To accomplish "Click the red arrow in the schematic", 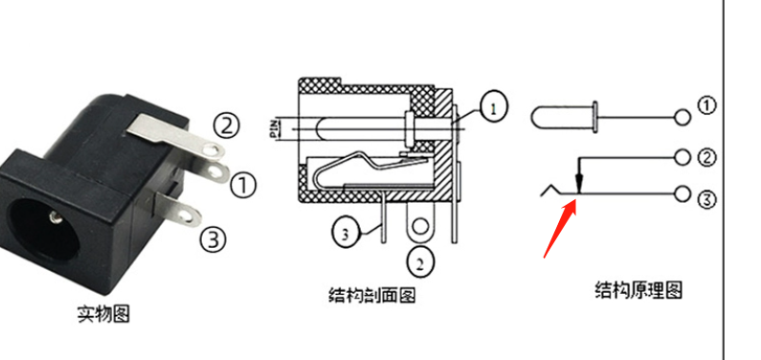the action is click(x=560, y=229).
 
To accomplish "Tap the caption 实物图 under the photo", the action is click(x=104, y=314).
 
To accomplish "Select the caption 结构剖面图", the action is click(x=372, y=294).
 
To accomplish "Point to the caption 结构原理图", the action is click(x=638, y=290).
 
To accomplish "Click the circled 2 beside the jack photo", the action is click(x=226, y=125).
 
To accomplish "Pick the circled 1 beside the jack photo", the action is click(x=243, y=186).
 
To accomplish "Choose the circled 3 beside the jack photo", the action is click(x=213, y=239).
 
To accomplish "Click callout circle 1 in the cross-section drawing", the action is click(x=494, y=107).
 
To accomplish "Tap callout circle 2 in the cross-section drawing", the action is click(x=420, y=262).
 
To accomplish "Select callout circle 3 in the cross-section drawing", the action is click(x=346, y=234).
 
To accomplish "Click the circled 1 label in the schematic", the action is click(x=707, y=105).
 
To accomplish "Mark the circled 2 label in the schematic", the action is click(x=707, y=157).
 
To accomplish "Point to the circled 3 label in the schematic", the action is click(x=707, y=199).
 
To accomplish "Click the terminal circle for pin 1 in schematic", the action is click(x=683, y=118).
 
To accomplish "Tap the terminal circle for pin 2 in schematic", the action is click(x=683, y=157).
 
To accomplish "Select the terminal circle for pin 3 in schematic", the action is click(x=683, y=193).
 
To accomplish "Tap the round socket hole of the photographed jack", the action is click(x=44, y=229).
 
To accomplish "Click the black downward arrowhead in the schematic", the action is click(x=578, y=184).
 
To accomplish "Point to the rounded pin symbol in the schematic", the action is click(x=565, y=118).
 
